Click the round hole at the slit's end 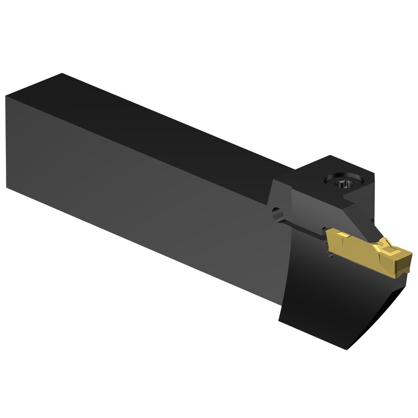click(277, 213)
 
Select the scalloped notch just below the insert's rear click(325, 230)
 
